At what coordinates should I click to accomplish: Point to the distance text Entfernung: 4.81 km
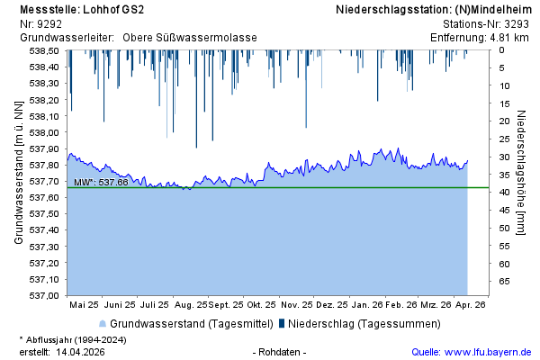[x=479, y=38]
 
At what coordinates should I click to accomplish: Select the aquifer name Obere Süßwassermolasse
[x=190, y=38]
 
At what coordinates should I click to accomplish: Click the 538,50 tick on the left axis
[x=45, y=50]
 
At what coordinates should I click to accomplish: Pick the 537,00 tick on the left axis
[x=45, y=295]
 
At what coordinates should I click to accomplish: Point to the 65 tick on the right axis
[x=505, y=283]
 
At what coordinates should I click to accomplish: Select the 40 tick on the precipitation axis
[x=505, y=193]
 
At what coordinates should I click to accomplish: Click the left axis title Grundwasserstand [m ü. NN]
[x=18, y=173]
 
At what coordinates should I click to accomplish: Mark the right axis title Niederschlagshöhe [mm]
[x=522, y=173]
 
